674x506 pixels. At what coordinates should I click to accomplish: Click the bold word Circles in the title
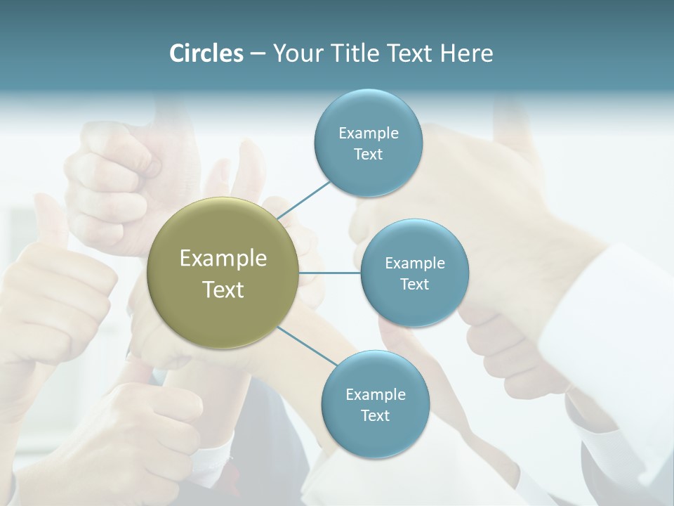206,53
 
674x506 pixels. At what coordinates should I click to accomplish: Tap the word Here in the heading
466,53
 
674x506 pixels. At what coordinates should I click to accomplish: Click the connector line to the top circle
304,200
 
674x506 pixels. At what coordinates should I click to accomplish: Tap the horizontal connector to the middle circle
330,273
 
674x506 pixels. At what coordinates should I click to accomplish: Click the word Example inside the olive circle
223,259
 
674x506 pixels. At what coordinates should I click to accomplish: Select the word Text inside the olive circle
223,290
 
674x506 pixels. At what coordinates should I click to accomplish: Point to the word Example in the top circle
368,133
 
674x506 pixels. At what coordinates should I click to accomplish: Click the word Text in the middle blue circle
414,284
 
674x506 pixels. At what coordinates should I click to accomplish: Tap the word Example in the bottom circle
375,394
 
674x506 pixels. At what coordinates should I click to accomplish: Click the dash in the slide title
257,53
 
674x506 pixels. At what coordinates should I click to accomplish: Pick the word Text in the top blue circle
368,154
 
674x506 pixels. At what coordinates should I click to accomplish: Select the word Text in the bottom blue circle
375,415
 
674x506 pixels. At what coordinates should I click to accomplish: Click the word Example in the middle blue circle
414,263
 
